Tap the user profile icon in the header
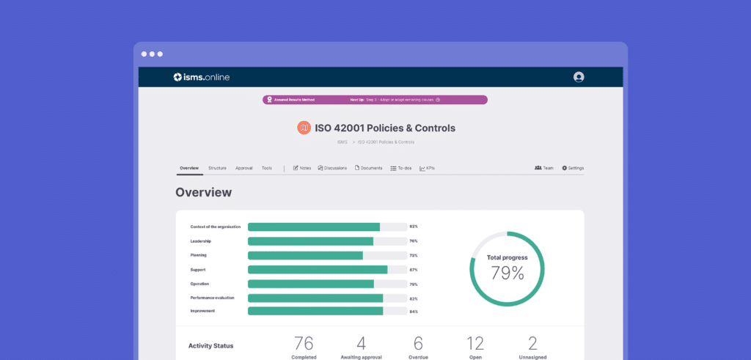(x=579, y=77)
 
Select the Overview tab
(x=189, y=168)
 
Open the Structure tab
(x=217, y=168)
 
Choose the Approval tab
(x=243, y=168)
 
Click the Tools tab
(x=266, y=168)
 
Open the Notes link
(x=302, y=168)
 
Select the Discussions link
(x=332, y=168)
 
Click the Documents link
(x=368, y=168)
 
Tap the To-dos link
(x=400, y=168)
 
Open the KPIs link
(x=427, y=168)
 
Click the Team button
(x=543, y=168)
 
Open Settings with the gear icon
(x=573, y=168)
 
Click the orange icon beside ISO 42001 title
(x=304, y=128)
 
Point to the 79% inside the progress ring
(x=508, y=273)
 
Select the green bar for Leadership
(x=310, y=241)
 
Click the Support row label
(x=198, y=269)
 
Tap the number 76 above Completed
(x=304, y=342)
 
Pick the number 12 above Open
(x=475, y=342)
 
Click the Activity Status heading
(x=210, y=345)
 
